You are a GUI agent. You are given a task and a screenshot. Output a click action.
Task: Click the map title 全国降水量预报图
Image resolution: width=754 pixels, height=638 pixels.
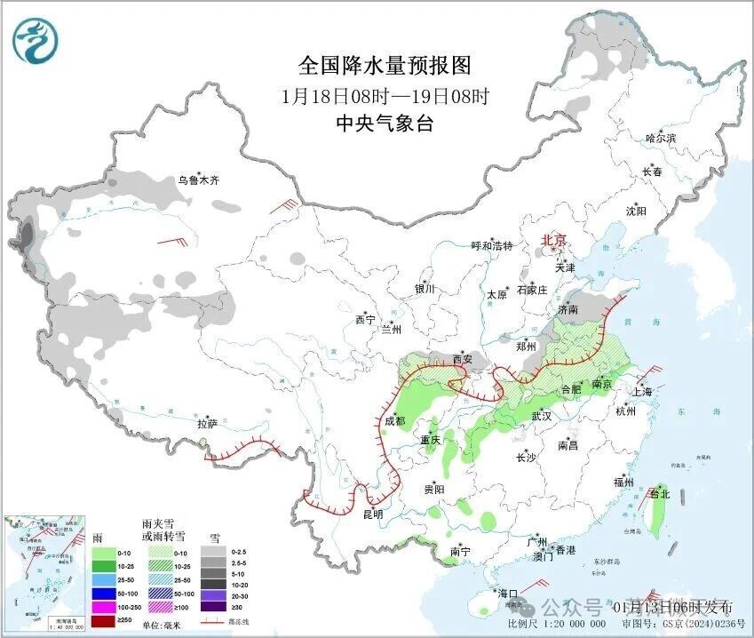coord(384,65)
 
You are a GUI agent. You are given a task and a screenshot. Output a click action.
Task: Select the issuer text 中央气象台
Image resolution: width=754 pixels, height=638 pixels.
coord(384,124)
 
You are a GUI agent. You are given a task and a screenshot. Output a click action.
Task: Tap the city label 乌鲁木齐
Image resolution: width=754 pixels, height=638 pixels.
coord(197,179)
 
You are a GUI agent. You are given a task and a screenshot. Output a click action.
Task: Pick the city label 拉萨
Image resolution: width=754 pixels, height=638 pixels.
coord(207,424)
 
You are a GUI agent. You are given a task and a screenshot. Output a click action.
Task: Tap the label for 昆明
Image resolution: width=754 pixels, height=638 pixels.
coord(373,514)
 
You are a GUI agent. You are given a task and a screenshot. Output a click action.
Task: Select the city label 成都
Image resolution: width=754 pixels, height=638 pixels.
coord(395,420)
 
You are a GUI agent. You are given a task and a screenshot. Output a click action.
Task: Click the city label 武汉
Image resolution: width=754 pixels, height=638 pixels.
coord(542,416)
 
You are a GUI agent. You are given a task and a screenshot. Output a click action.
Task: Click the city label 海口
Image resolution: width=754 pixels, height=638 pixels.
coord(507,593)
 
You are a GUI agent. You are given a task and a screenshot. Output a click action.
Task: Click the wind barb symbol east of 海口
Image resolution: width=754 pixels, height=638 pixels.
coord(536,587)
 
